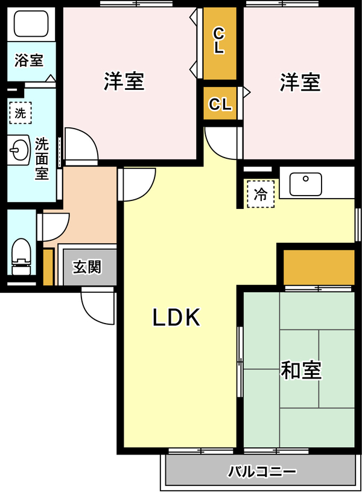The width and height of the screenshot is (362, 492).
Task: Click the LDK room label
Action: [x=176, y=318]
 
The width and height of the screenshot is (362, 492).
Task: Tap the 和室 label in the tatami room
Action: [x=301, y=370]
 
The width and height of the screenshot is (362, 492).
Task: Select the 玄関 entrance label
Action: [x=87, y=267]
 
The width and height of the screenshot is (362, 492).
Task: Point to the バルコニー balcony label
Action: [x=262, y=471]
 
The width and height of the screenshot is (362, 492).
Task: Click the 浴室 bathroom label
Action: [x=29, y=60]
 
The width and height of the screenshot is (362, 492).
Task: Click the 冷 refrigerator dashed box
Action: [x=261, y=194]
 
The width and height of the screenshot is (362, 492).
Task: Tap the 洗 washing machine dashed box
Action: [x=21, y=113]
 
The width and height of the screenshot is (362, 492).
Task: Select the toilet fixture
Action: [x=21, y=257]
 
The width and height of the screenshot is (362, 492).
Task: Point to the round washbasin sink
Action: [x=19, y=149]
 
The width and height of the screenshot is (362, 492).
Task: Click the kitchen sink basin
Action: [x=305, y=184]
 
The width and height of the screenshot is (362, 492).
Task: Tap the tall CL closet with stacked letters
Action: [x=220, y=43]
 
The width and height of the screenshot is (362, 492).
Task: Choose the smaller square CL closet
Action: [x=220, y=103]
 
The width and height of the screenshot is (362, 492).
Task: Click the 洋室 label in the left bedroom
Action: [x=124, y=81]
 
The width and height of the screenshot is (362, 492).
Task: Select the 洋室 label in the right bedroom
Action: [x=300, y=82]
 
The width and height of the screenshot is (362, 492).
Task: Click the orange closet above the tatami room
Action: [x=319, y=267]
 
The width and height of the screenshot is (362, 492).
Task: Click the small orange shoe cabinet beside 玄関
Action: [x=48, y=267]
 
